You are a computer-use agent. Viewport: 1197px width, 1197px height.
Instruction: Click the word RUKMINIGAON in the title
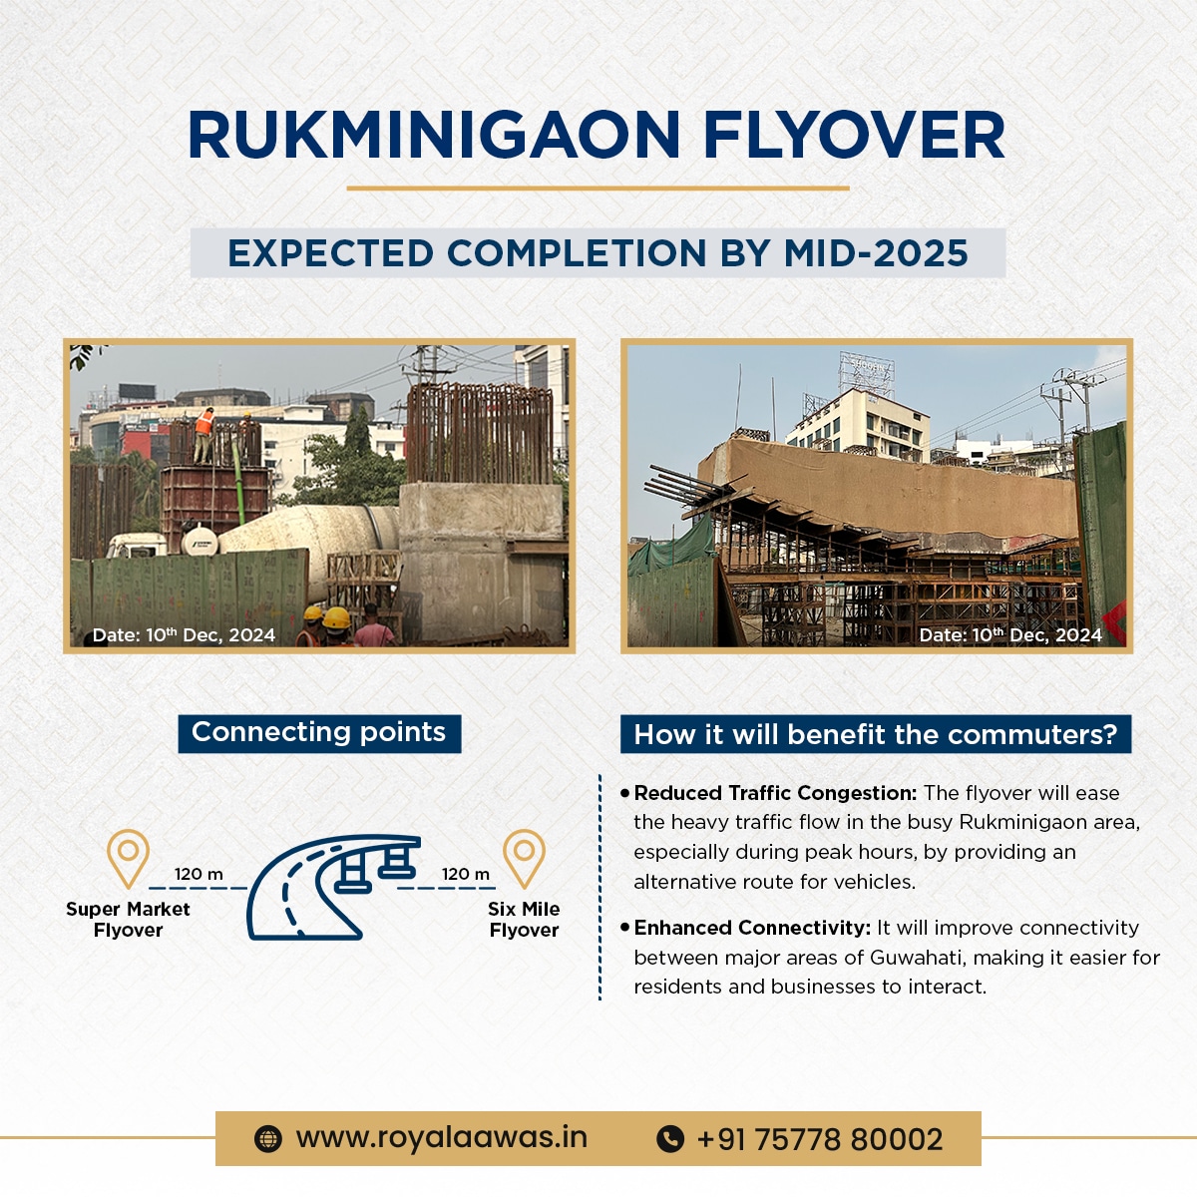[x=434, y=135]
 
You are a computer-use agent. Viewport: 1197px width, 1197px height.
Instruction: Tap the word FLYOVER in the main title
[x=854, y=135]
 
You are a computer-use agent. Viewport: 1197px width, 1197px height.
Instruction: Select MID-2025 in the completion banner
[x=875, y=252]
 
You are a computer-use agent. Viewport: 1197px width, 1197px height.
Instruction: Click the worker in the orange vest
[x=203, y=435]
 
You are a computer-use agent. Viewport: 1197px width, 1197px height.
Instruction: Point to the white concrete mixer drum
[x=310, y=535]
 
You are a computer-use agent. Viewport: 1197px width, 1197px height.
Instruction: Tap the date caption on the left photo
[x=184, y=634]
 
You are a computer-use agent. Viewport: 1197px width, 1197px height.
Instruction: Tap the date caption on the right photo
[x=1010, y=634]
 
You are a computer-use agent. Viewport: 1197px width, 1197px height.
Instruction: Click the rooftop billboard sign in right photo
[x=867, y=373]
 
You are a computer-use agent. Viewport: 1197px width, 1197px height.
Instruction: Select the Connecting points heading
[x=318, y=732]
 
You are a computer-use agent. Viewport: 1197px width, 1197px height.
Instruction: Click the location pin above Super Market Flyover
[x=128, y=857]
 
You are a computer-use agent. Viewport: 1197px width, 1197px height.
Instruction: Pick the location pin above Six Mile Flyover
[x=524, y=857]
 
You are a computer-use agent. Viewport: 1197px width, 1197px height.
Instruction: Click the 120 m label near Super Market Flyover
[x=199, y=874]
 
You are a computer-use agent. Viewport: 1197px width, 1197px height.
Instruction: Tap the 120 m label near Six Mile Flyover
[x=466, y=874]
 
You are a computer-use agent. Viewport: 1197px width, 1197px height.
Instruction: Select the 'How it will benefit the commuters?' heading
[x=876, y=734]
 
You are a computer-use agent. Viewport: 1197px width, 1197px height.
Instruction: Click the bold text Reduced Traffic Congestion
[x=775, y=793]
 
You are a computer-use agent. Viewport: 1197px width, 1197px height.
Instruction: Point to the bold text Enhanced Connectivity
[x=752, y=928]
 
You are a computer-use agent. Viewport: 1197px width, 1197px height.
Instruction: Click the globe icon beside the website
[x=267, y=1139]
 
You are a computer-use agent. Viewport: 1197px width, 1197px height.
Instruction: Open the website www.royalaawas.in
[x=442, y=1138]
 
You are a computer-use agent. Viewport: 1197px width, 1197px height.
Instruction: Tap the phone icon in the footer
[x=670, y=1139]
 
